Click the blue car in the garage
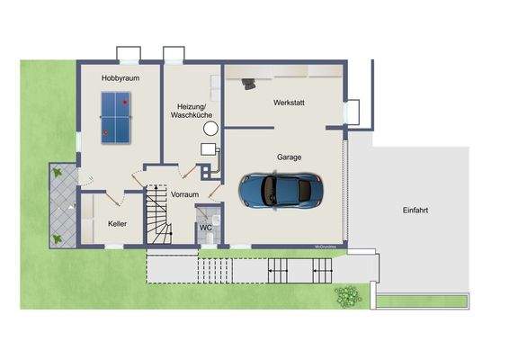(x=279, y=189)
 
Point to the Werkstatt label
(x=290, y=103)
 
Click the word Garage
(x=289, y=157)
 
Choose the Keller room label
(x=118, y=223)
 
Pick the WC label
(x=205, y=227)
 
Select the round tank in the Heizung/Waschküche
(x=210, y=130)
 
